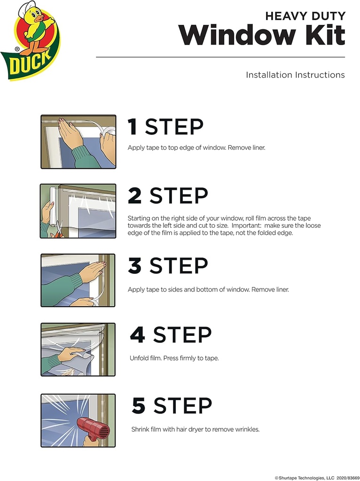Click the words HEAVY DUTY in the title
point(305,16)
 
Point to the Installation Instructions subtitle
point(295,75)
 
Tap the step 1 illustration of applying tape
point(78,141)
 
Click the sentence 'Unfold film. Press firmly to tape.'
point(174,358)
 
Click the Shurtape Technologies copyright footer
point(317,477)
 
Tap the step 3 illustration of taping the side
point(78,280)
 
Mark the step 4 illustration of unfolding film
point(78,349)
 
